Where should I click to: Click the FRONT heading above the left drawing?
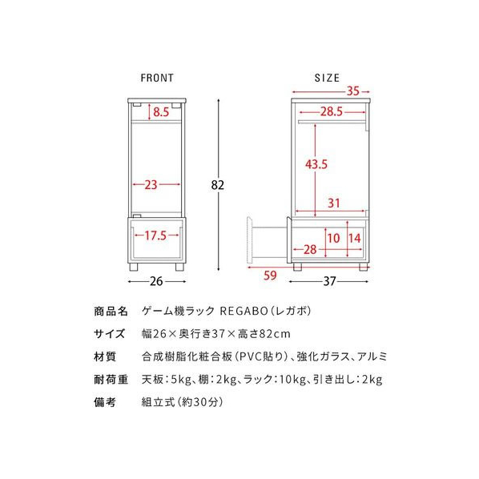click(157, 78)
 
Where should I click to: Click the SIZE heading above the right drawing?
click(327, 78)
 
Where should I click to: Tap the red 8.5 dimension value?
click(161, 112)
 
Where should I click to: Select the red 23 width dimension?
click(151, 184)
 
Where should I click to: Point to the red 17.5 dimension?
click(155, 235)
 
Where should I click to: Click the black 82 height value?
click(218, 185)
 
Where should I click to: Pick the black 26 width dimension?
click(156, 281)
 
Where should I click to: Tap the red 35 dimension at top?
click(352, 91)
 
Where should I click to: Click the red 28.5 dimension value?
click(332, 112)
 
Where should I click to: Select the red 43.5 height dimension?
click(316, 164)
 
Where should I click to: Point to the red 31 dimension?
click(333, 203)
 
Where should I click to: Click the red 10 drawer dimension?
click(333, 238)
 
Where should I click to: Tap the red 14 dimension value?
click(355, 238)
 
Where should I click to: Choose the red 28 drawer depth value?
click(310, 250)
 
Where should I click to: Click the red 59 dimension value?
click(270, 276)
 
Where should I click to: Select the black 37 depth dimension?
click(330, 281)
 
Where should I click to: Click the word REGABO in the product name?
click(244, 311)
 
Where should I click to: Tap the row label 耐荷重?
click(111, 380)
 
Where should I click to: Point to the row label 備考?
click(105, 402)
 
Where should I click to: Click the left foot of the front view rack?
click(134, 267)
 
